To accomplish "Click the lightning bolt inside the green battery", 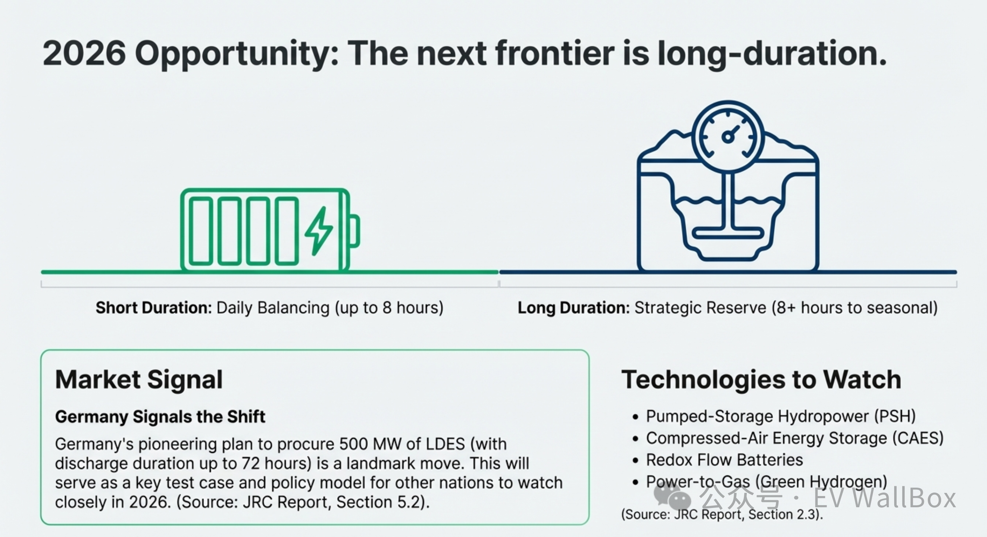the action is pyautogui.click(x=319, y=231).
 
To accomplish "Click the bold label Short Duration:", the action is pyautogui.click(x=154, y=308).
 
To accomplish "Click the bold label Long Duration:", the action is pyautogui.click(x=574, y=308).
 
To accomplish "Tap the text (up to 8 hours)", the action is pyautogui.click(x=389, y=308).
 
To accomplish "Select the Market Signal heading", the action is pyautogui.click(x=139, y=379).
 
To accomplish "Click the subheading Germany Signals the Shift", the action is pyautogui.click(x=160, y=416).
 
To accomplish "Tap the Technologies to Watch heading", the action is pyautogui.click(x=761, y=379).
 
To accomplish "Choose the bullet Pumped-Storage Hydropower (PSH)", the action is pyautogui.click(x=780, y=416).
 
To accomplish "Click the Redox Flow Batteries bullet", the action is pyautogui.click(x=724, y=460).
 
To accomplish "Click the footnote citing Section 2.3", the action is pyautogui.click(x=722, y=514).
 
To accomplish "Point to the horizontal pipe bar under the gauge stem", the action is pyautogui.click(x=728, y=232).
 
